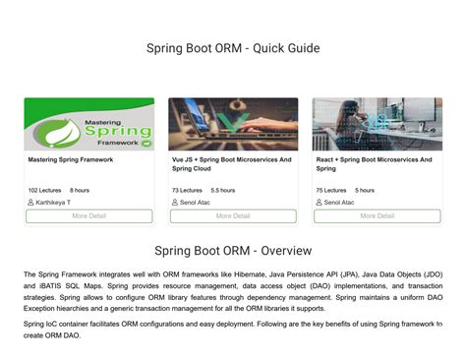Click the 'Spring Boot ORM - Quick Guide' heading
tap(233, 48)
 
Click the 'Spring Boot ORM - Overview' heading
tap(233, 250)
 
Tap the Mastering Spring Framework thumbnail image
tap(89, 124)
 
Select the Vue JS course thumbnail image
tap(233, 124)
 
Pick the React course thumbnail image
tap(377, 124)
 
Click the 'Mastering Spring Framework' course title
tap(71, 159)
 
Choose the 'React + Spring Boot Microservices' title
tap(375, 163)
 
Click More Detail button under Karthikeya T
tap(89, 216)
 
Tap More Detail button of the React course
tap(377, 216)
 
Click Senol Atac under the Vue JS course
tap(199, 203)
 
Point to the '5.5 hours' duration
tap(223, 190)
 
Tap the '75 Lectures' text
tap(332, 190)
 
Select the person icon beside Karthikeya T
tap(31, 203)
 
